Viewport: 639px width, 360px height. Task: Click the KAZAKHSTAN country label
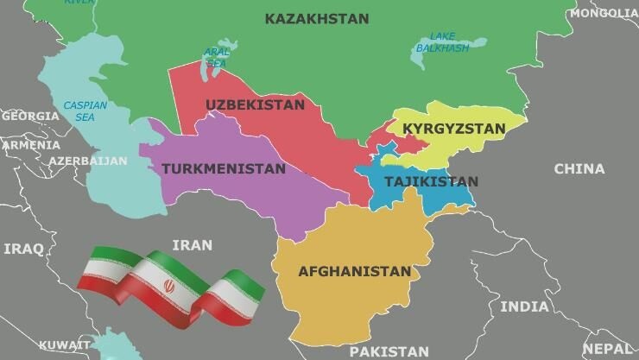click(x=316, y=19)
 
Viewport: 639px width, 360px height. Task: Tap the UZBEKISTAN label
click(x=255, y=105)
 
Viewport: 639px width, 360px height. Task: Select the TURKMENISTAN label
click(x=223, y=168)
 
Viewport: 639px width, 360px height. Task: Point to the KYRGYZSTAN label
click(x=454, y=129)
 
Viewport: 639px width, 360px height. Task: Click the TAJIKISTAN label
click(x=430, y=181)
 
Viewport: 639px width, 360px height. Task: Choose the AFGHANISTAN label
click(x=354, y=271)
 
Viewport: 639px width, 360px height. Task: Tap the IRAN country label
click(x=192, y=245)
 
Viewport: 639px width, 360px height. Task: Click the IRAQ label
click(x=23, y=249)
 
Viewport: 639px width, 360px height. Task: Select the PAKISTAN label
click(x=389, y=351)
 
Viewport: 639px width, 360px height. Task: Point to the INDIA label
click(x=524, y=306)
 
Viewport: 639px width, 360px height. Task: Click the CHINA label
click(x=579, y=168)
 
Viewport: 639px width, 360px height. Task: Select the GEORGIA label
click(x=30, y=116)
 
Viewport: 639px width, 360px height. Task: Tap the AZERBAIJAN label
click(x=87, y=161)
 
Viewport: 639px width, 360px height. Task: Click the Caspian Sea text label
click(x=85, y=111)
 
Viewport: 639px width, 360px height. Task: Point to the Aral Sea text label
click(x=217, y=58)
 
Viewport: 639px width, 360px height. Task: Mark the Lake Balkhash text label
click(x=442, y=42)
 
